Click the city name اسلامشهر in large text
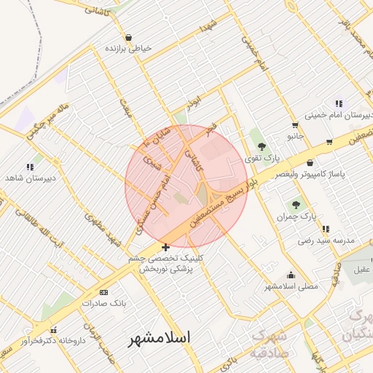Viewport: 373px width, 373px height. [159, 339]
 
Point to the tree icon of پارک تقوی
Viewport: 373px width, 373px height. [261, 148]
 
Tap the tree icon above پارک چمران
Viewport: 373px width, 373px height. [295, 205]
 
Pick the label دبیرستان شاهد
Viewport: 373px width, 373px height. [25, 178]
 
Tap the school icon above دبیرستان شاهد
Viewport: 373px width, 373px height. [30, 167]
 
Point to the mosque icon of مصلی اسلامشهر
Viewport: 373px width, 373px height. [291, 275]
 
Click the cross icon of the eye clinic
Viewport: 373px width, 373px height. [166, 248]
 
